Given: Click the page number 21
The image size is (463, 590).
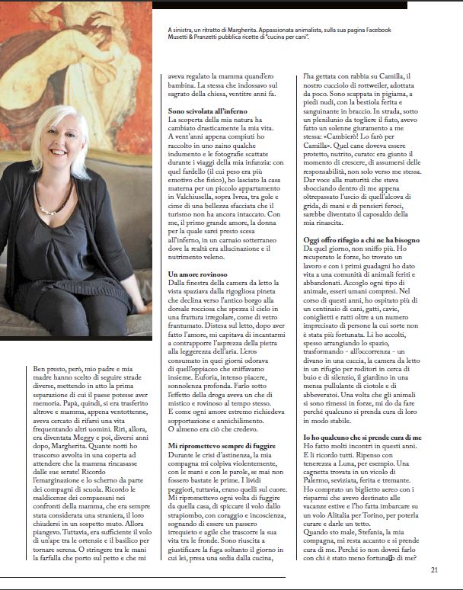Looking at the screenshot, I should [x=433, y=568].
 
